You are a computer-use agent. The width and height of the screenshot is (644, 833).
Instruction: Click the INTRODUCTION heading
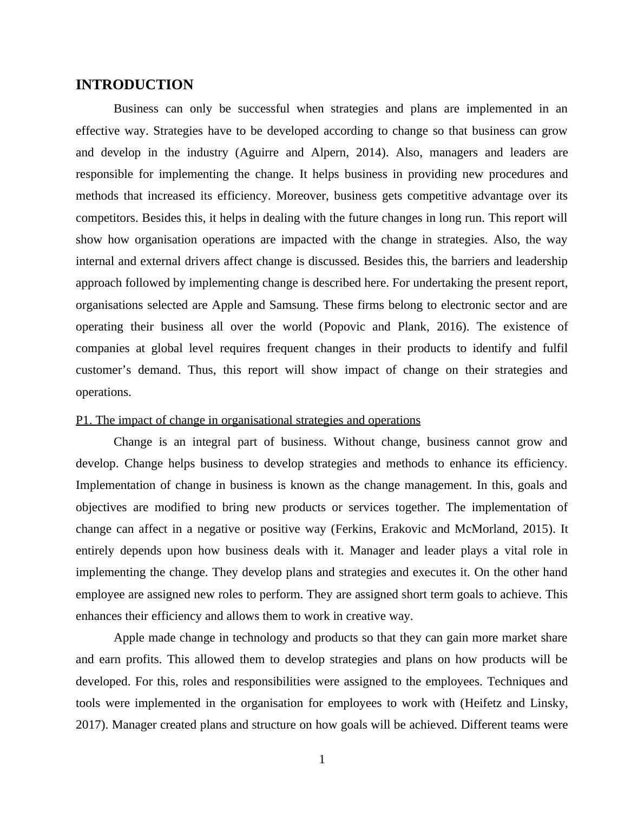click(134, 85)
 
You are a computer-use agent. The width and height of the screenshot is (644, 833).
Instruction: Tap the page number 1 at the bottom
click(322, 759)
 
